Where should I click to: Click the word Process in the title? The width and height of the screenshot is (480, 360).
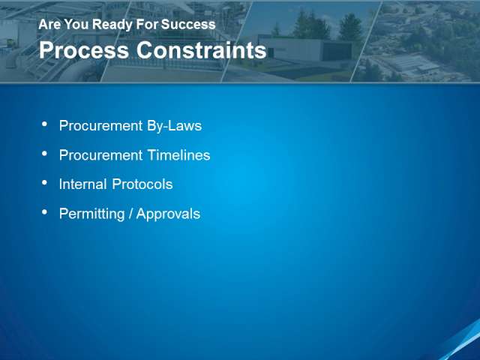pyautogui.click(x=84, y=50)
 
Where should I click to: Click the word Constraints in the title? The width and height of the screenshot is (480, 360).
pyautogui.click(x=202, y=50)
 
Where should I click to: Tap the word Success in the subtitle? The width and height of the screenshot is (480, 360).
pyautogui.click(x=188, y=24)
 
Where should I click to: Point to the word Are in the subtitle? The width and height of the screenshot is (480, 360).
pyautogui.click(x=49, y=24)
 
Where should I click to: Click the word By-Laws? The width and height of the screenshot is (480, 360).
pyautogui.click(x=174, y=126)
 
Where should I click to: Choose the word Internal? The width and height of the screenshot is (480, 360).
pyautogui.click(x=83, y=184)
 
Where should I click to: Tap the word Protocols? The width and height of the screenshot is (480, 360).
pyautogui.click(x=142, y=184)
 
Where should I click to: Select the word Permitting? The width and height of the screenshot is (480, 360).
pyautogui.click(x=91, y=214)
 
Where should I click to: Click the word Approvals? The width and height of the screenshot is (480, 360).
pyautogui.click(x=168, y=214)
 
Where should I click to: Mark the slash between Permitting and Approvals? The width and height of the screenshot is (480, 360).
pyautogui.click(x=130, y=214)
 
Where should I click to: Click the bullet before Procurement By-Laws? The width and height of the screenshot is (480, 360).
pyautogui.click(x=45, y=124)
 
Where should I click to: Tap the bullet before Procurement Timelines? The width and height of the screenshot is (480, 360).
pyautogui.click(x=45, y=154)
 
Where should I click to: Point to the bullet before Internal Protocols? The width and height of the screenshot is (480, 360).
pyautogui.click(x=45, y=183)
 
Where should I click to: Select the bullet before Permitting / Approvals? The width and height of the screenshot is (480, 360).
pyautogui.click(x=45, y=212)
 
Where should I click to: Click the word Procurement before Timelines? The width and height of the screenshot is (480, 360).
pyautogui.click(x=101, y=155)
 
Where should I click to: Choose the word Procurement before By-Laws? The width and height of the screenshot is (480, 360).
pyautogui.click(x=101, y=126)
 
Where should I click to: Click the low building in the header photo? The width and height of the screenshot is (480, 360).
pyautogui.click(x=306, y=49)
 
